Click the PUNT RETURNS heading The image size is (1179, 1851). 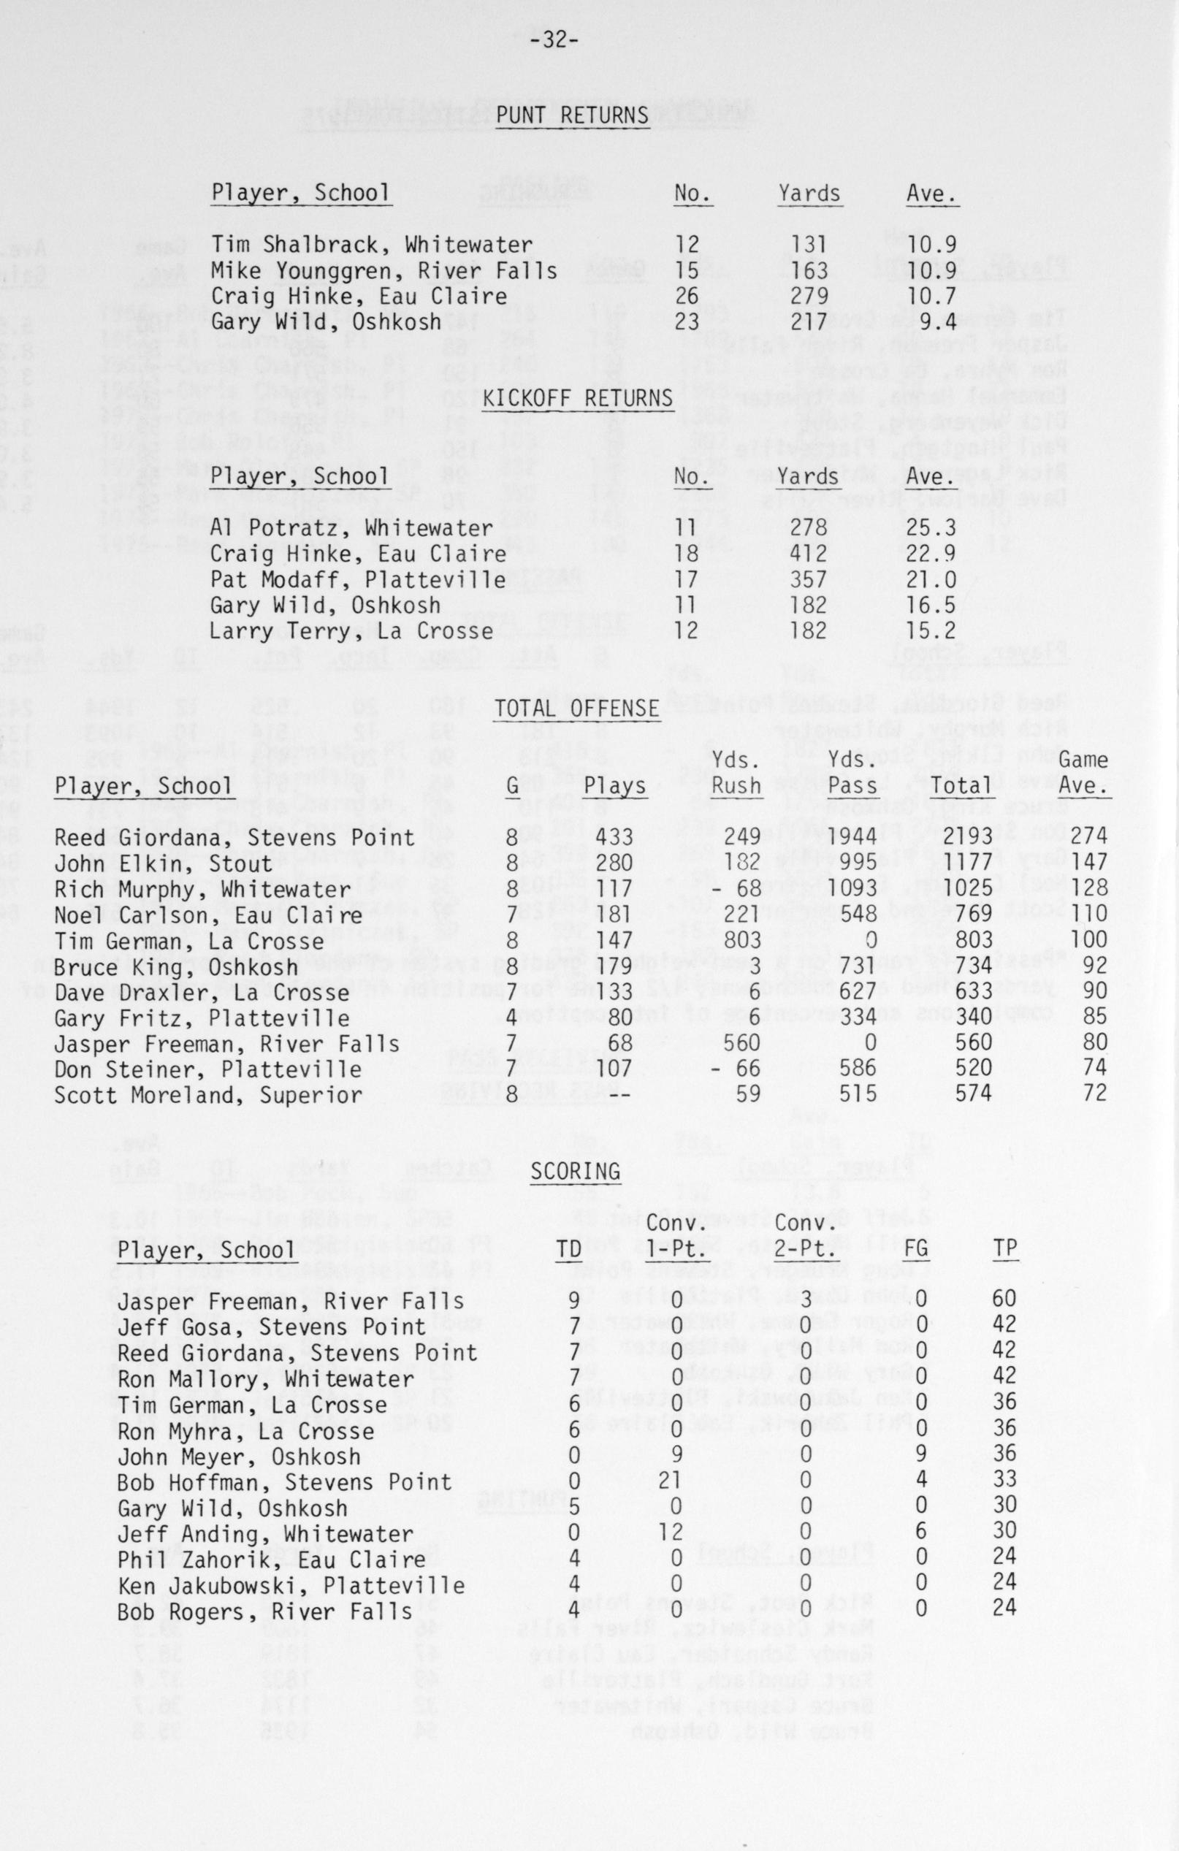573,115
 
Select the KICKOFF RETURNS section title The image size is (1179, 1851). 578,399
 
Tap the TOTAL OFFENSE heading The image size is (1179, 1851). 578,708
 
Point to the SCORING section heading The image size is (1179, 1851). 576,1171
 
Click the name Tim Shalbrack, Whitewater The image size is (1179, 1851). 372,245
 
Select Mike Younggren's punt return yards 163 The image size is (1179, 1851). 810,270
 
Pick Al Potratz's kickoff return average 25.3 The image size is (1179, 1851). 930,529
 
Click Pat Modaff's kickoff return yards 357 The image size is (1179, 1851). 809,579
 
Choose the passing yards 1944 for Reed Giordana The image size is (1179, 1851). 853,837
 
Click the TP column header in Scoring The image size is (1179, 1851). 1004,1248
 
